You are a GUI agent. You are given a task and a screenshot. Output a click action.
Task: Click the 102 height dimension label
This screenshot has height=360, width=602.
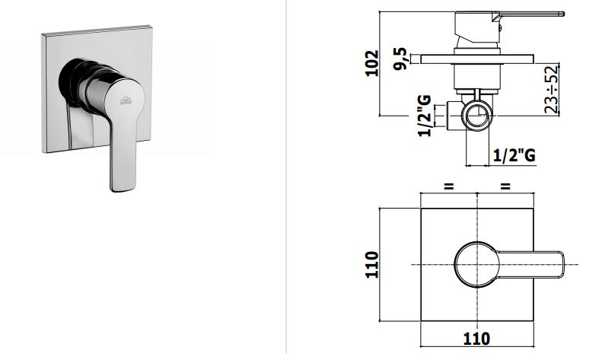click(x=372, y=63)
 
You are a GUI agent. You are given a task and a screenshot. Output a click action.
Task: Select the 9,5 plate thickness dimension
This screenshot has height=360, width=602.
click(x=400, y=59)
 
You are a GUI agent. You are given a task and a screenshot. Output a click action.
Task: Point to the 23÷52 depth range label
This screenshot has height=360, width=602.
click(x=551, y=90)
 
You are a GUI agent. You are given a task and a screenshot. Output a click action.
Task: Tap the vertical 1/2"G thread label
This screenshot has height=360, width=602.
click(x=424, y=116)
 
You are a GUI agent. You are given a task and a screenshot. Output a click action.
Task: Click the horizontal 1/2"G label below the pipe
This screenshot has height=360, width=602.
click(x=514, y=155)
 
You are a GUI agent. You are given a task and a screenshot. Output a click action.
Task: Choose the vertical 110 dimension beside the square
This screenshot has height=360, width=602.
click(x=372, y=264)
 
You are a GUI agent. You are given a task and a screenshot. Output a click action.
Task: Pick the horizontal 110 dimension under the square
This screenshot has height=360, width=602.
click(x=477, y=339)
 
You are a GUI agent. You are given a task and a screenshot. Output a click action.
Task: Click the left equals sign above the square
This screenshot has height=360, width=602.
click(x=449, y=187)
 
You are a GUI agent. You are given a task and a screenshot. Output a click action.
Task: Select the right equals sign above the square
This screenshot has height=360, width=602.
click(x=505, y=187)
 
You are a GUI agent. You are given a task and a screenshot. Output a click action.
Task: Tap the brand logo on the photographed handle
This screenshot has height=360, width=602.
click(x=126, y=101)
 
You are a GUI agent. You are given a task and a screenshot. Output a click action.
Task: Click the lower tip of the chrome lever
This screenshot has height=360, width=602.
click(x=122, y=190)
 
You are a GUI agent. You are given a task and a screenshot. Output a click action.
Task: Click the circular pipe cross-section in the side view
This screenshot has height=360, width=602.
click(x=477, y=115)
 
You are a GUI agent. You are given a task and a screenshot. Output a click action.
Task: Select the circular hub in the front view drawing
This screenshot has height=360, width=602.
click(x=477, y=265)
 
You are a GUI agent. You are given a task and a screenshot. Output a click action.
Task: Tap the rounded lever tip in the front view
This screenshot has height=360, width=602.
click(x=561, y=265)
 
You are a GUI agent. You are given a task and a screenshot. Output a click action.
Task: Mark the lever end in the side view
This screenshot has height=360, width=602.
click(x=562, y=14)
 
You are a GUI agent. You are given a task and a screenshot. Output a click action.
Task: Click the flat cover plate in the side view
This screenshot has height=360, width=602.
click(x=477, y=59)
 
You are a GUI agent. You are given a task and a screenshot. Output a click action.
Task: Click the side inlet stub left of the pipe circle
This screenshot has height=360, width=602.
click(x=454, y=115)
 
